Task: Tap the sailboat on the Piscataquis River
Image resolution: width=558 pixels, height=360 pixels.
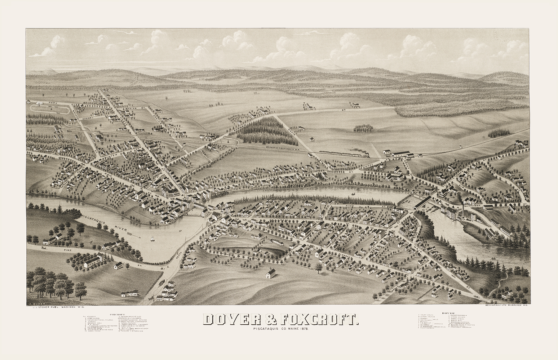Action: point(153,239)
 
